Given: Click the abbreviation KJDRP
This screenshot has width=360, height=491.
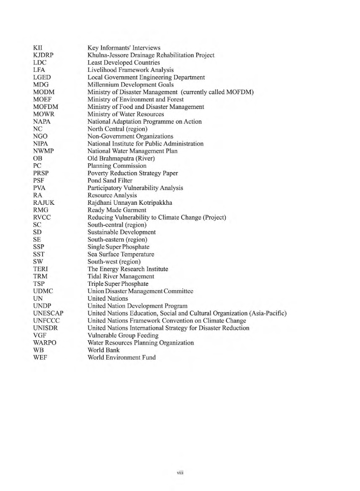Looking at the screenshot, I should point(46,55).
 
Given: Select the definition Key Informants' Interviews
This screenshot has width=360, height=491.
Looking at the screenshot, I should point(124,48).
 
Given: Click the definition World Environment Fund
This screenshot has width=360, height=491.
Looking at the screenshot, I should point(121,358).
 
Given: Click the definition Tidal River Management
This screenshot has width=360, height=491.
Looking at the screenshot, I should point(121,276).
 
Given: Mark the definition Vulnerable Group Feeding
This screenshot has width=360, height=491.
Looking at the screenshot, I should point(123,335).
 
